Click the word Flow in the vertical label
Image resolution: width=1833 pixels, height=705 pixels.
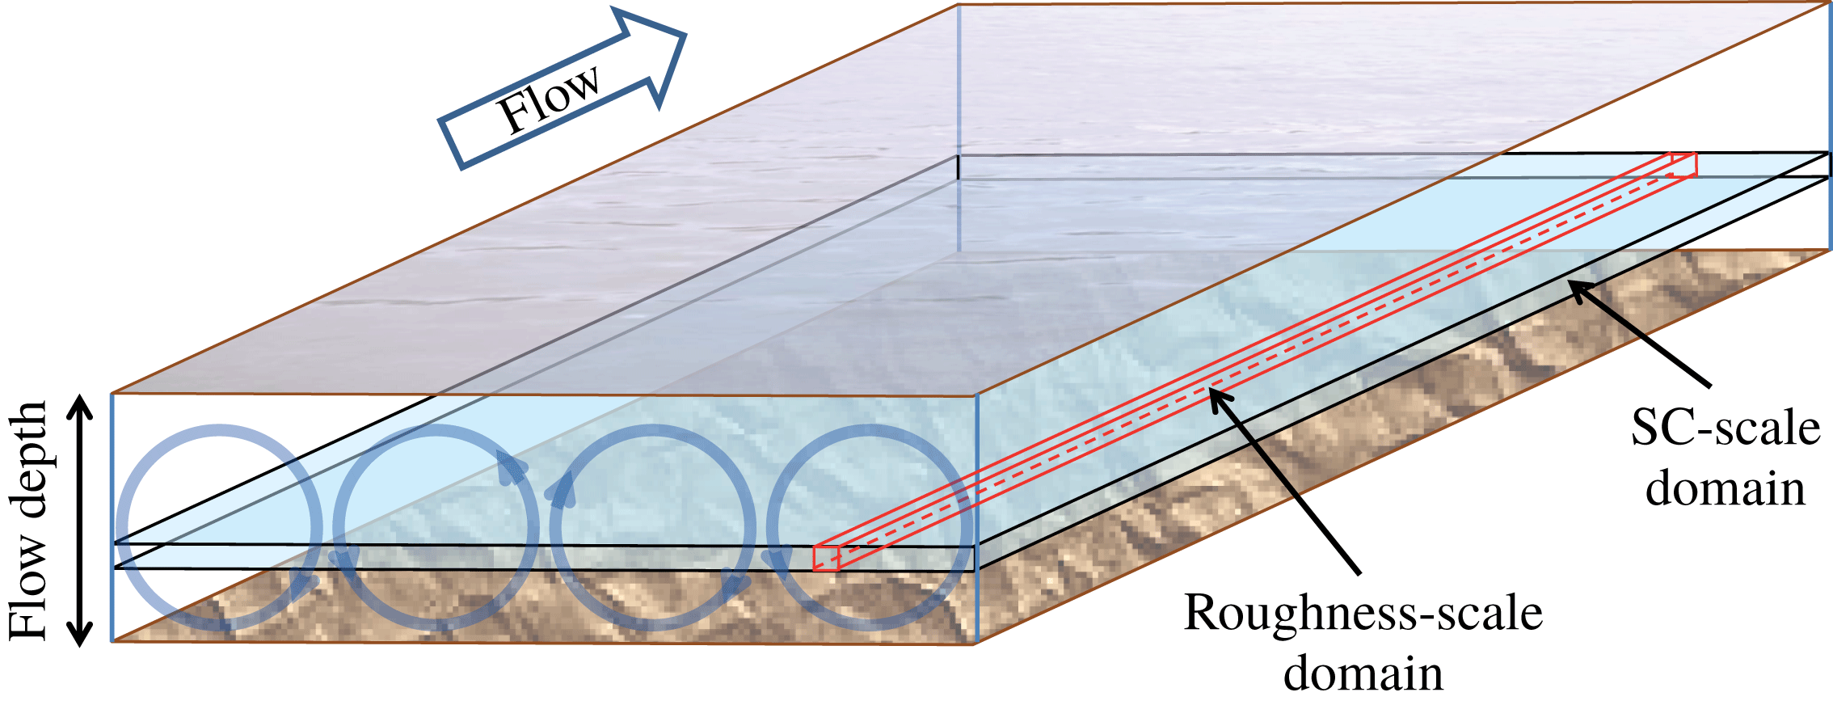pyautogui.click(x=31, y=587)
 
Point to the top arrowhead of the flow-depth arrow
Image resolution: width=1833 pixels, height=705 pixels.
pyautogui.click(x=79, y=403)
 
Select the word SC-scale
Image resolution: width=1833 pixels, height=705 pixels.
pyautogui.click(x=1725, y=428)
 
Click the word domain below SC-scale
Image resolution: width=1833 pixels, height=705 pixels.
pyautogui.click(x=1725, y=489)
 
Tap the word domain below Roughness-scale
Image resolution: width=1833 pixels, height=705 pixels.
pyautogui.click(x=1363, y=673)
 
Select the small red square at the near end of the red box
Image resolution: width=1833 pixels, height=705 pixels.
pyautogui.click(x=826, y=558)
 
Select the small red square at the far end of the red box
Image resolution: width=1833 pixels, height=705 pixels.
pyautogui.click(x=1683, y=165)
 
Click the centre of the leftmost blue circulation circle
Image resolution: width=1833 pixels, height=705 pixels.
pyautogui.click(x=219, y=527)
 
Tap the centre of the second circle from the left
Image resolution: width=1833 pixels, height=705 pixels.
pyautogui.click(x=436, y=527)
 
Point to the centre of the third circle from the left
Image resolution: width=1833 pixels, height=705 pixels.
pyautogui.click(x=653, y=527)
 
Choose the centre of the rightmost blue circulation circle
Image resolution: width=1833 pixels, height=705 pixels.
pyautogui.click(x=870, y=527)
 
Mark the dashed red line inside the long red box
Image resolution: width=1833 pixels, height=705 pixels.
pyautogui.click(x=1253, y=367)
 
